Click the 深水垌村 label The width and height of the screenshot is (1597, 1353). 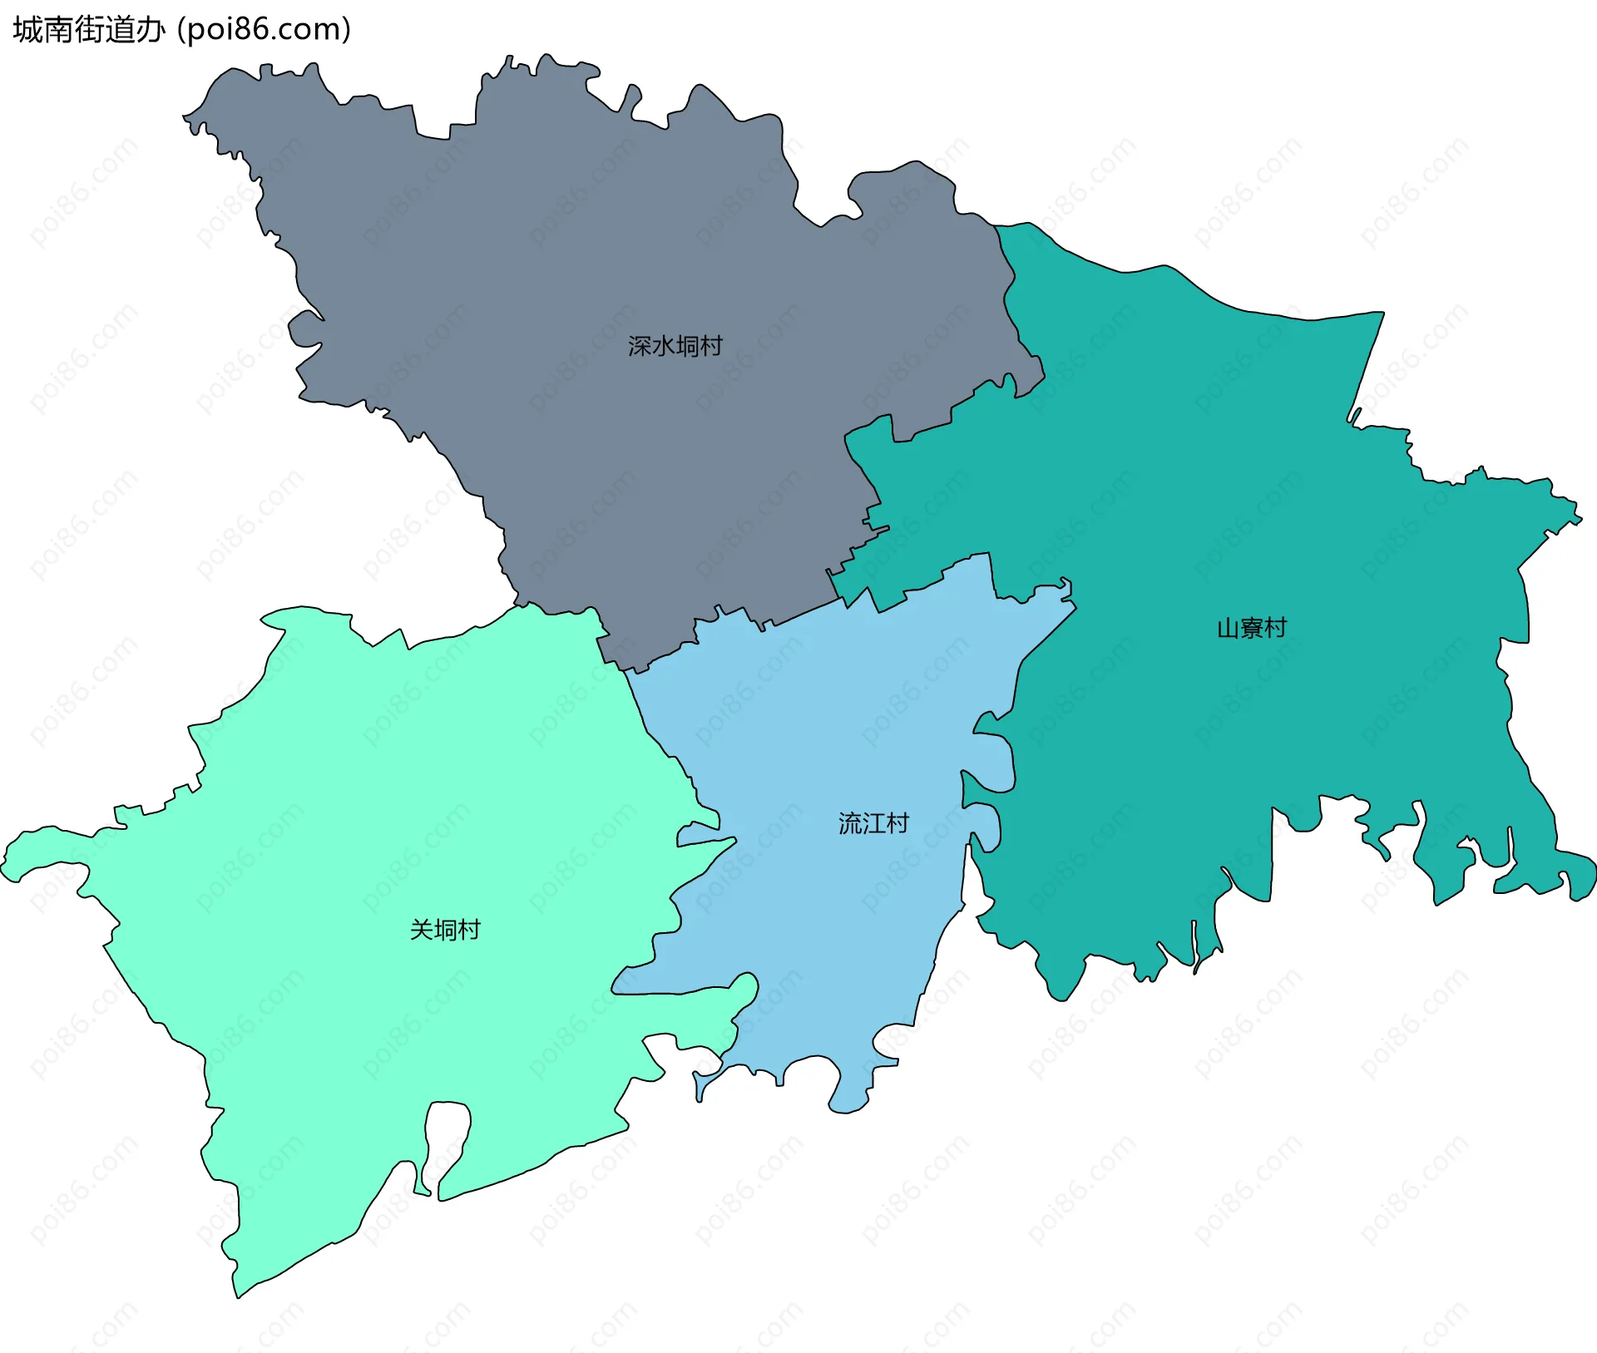point(675,346)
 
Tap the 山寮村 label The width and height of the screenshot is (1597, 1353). point(1252,628)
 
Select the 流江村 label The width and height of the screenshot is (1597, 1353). point(873,823)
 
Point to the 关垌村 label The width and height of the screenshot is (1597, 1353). point(445,930)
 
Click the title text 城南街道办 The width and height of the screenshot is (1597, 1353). point(89,30)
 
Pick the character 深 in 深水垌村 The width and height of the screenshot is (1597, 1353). point(640,346)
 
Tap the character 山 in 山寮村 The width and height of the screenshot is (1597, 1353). point(1228,628)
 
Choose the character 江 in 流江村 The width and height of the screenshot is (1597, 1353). point(873,823)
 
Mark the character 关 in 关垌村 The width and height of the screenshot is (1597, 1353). point(422,930)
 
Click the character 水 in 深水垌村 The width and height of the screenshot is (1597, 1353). point(663,346)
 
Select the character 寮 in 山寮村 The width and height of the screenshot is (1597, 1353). point(1252,628)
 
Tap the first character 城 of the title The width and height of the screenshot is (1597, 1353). point(27,30)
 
